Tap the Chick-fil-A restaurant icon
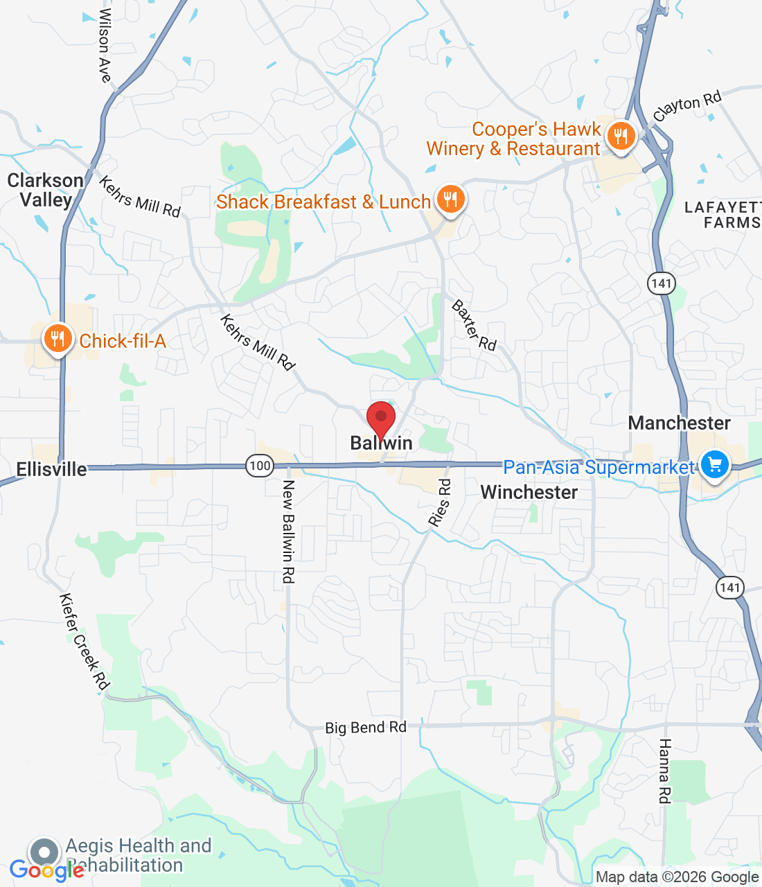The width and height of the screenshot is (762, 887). (57, 339)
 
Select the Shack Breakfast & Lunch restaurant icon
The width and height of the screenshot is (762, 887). (450, 200)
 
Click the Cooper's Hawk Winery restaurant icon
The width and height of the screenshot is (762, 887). (621, 137)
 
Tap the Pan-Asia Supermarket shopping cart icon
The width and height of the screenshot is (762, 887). (715, 465)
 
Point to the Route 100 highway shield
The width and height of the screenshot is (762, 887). (260, 466)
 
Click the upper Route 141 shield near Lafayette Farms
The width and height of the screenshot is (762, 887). (662, 283)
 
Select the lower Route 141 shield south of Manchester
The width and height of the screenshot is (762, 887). (730, 588)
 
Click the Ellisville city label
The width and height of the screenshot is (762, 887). (52, 469)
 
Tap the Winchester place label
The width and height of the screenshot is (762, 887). (529, 492)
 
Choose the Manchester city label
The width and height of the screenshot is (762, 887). (679, 423)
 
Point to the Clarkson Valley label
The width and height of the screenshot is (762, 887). (46, 190)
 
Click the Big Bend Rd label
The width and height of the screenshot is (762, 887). (366, 728)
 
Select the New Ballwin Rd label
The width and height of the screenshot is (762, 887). (289, 532)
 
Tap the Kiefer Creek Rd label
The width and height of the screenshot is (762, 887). (85, 642)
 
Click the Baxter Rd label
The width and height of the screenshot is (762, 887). (475, 325)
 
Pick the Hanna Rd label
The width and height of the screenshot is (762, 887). (664, 771)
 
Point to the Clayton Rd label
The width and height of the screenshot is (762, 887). (687, 106)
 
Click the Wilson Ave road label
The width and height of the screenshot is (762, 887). (105, 46)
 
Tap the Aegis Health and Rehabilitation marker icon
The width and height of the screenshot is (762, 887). (44, 852)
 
